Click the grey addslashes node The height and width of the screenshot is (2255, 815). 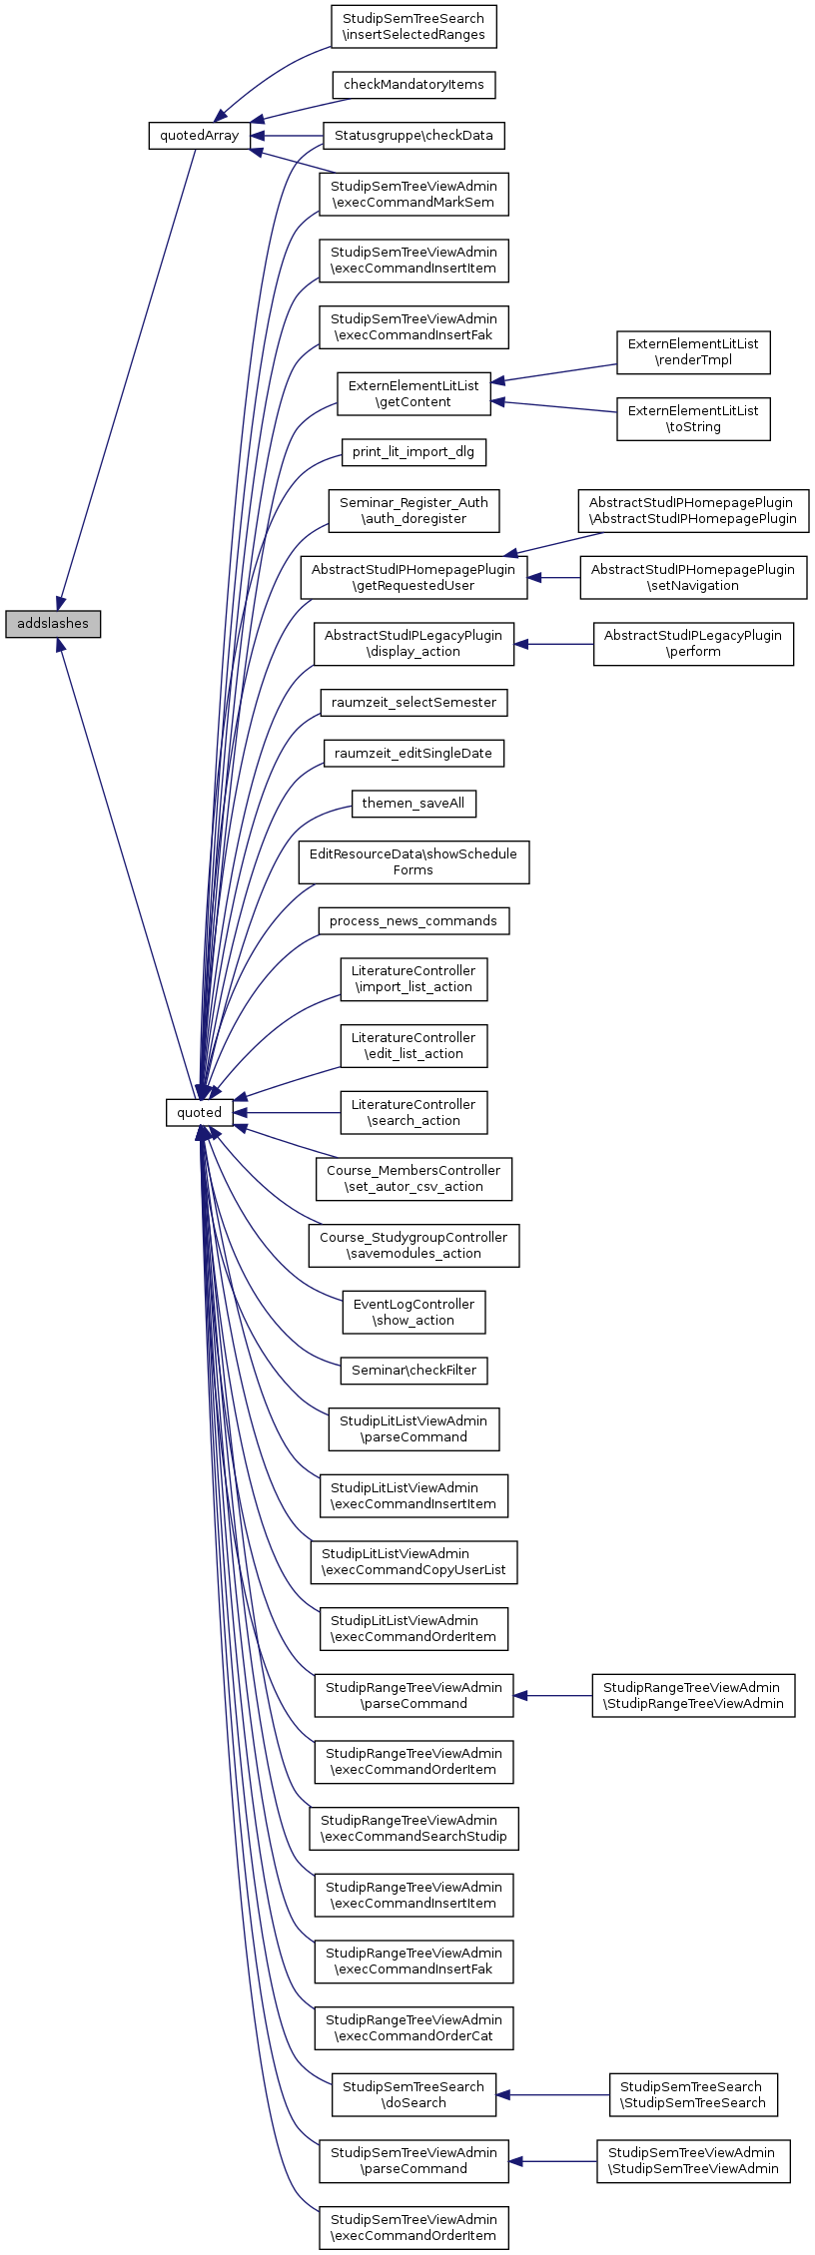53,624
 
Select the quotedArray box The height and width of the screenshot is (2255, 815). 199,135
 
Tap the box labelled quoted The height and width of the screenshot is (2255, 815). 199,1112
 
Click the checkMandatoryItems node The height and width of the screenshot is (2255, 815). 413,85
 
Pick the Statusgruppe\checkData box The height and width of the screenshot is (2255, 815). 413,135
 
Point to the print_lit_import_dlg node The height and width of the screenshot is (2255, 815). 413,452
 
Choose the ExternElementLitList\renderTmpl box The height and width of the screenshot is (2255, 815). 693,352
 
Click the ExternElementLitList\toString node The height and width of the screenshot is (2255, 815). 693,419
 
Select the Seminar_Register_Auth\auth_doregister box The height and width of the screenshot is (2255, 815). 413,511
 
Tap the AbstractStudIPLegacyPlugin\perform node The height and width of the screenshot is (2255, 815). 693,644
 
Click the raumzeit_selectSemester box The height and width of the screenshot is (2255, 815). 413,703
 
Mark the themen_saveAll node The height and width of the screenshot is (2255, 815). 413,803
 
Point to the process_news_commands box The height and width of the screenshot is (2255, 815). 413,920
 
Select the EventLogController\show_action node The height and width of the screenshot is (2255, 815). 413,1312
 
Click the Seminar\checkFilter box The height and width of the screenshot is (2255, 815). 413,1371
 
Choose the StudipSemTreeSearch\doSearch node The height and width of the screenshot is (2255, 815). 413,2094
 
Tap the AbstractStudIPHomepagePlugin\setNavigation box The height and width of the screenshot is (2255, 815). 693,578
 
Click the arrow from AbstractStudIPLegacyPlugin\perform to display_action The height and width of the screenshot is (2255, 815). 554,644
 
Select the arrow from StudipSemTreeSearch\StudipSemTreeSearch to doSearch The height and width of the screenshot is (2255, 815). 552,2094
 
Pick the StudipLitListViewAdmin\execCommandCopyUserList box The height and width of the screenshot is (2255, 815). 413,1561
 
